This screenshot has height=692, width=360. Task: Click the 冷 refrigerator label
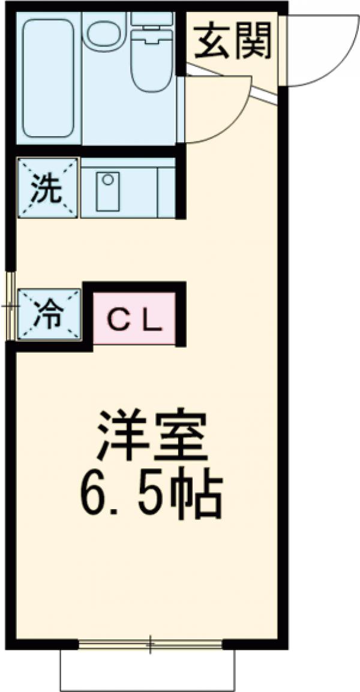(x=48, y=314)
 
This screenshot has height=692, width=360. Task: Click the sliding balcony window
(x=150, y=645)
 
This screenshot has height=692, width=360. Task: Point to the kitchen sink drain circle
(x=108, y=179)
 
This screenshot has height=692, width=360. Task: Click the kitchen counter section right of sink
(x=166, y=189)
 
